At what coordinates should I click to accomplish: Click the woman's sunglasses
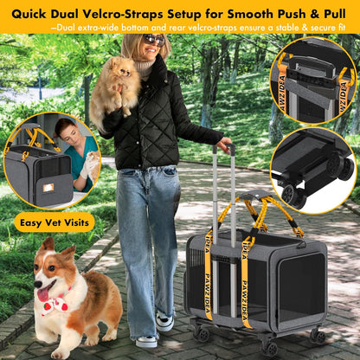click(154, 40)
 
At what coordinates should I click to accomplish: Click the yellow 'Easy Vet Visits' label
click(55, 221)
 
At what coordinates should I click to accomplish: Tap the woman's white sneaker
click(164, 322)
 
